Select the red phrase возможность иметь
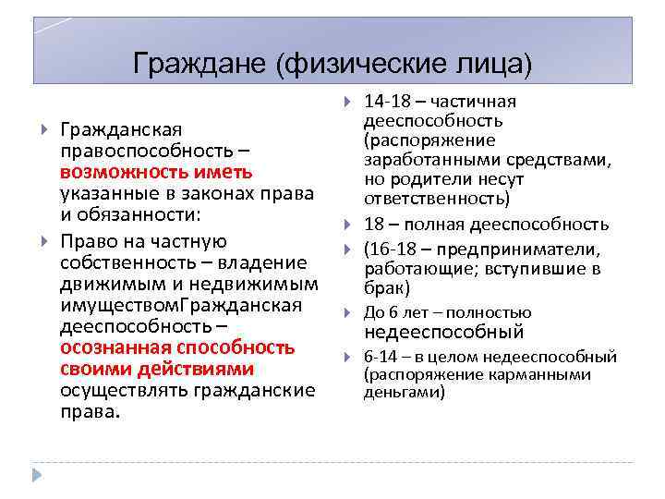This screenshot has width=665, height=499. coord(156,173)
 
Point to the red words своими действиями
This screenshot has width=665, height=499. coord(156,369)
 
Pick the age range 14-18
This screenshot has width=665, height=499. coord(385,102)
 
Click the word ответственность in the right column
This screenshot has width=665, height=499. coord(434,199)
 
